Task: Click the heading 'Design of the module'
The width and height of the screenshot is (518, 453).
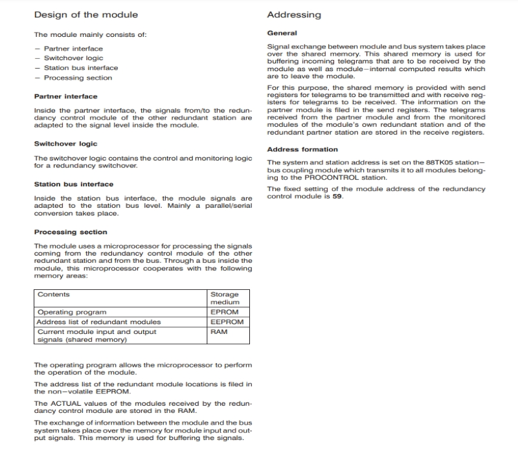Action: [x=85, y=14]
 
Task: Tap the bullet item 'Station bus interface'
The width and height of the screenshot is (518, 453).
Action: [x=81, y=68]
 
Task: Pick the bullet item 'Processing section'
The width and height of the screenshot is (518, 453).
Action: [x=78, y=78]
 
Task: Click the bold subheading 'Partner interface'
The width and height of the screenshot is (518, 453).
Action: [x=65, y=96]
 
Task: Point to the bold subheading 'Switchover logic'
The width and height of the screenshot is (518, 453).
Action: [x=65, y=144]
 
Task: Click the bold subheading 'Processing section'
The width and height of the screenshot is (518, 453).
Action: [x=71, y=232]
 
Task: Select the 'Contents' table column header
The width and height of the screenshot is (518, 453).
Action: [x=53, y=294]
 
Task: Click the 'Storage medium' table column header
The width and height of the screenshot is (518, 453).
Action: [x=225, y=298]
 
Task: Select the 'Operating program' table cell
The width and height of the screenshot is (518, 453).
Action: [x=72, y=312]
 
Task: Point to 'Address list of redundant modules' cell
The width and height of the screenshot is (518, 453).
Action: [x=99, y=322]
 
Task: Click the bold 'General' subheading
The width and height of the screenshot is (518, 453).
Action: [x=282, y=33]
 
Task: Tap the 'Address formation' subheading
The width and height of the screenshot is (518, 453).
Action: [x=302, y=149]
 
